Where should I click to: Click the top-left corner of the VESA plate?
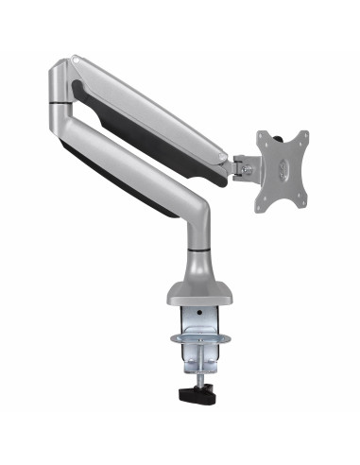(x=262, y=133)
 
